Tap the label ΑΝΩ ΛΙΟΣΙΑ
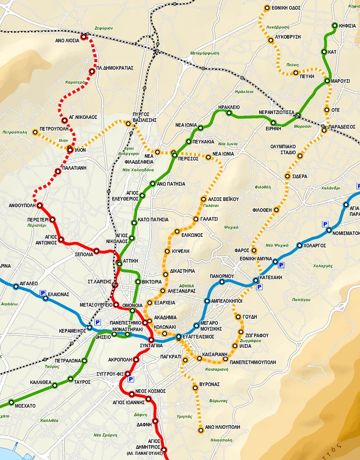point(67,40)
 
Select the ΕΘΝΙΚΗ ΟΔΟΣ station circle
point(267,8)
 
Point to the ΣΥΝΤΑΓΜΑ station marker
point(151,339)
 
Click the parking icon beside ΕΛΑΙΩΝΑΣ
point(42,293)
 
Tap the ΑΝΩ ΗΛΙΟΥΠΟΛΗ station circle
point(200,431)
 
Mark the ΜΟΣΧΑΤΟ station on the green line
point(11,403)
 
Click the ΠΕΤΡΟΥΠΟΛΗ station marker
point(35,132)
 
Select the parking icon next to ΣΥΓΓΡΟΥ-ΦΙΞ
point(131,379)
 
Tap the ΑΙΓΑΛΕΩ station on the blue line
point(16,287)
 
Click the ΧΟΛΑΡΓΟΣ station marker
point(299,245)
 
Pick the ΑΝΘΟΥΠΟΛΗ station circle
point(40,205)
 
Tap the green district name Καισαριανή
point(214,369)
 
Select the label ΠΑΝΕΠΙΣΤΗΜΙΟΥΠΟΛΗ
point(253,362)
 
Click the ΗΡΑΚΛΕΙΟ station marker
point(229,113)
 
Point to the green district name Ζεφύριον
point(104,28)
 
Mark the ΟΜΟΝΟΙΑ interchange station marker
point(132,310)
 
